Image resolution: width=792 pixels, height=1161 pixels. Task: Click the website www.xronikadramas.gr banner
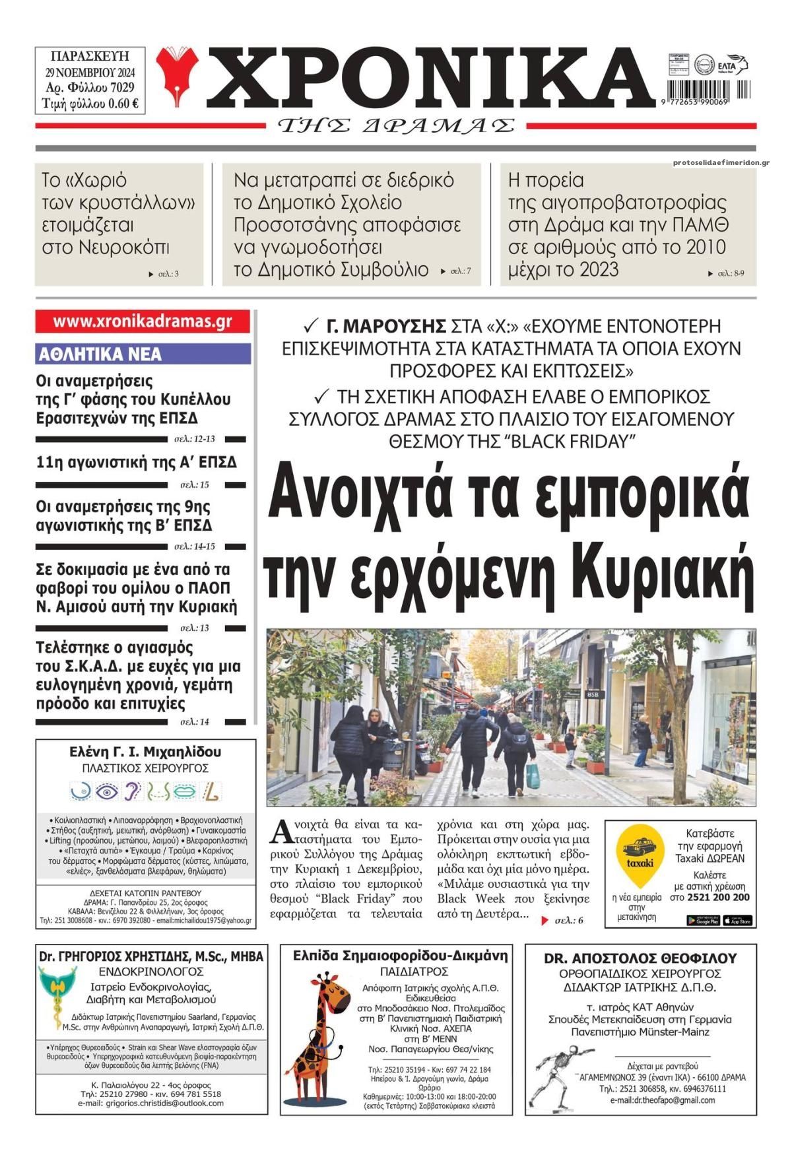pyautogui.click(x=143, y=321)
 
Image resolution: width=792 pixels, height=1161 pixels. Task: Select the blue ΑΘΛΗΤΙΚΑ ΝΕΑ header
pyautogui.click(x=143, y=354)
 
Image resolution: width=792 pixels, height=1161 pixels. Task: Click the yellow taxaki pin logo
pyautogui.click(x=639, y=856)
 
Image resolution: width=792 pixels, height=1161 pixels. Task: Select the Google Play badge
pyautogui.click(x=702, y=920)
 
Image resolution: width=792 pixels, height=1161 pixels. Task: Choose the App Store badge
pyautogui.click(x=737, y=920)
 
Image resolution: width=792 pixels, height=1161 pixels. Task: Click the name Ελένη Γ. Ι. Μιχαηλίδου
pyautogui.click(x=145, y=752)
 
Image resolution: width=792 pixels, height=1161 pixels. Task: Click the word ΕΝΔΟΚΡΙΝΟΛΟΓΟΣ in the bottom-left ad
pyautogui.click(x=151, y=972)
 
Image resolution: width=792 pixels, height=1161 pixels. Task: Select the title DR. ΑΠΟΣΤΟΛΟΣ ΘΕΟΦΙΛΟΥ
pyautogui.click(x=640, y=958)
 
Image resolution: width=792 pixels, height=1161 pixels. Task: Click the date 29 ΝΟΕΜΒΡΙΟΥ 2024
pyautogui.click(x=90, y=71)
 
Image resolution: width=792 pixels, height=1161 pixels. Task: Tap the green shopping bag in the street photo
pyautogui.click(x=532, y=770)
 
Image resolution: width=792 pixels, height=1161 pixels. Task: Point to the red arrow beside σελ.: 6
pyautogui.click(x=544, y=920)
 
